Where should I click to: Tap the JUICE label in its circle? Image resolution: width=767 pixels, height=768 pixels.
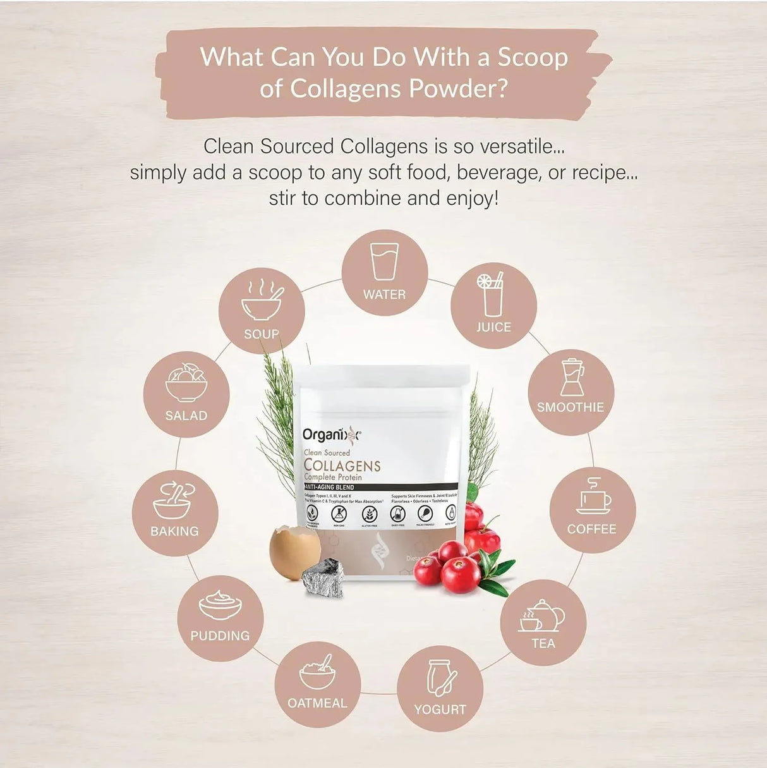click(493, 327)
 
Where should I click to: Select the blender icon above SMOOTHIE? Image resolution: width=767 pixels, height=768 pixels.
click(572, 377)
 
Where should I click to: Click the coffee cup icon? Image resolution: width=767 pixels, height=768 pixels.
click(593, 497)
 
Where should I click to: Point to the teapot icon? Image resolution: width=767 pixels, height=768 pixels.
click(542, 616)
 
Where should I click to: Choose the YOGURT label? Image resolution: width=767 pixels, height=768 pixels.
click(440, 709)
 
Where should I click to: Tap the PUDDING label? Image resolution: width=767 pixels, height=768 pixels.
click(220, 636)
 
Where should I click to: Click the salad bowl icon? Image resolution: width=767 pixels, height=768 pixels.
click(186, 383)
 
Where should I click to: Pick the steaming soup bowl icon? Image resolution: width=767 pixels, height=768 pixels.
click(262, 302)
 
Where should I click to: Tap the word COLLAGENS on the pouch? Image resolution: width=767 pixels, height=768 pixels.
click(342, 466)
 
